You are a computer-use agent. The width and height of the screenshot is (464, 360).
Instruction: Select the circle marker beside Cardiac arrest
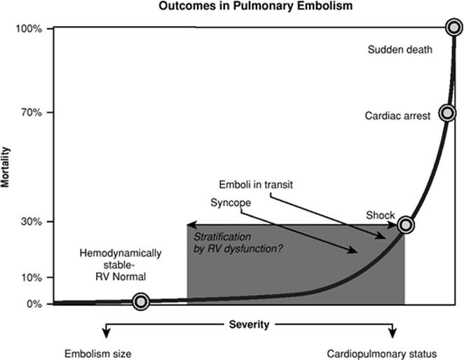446,113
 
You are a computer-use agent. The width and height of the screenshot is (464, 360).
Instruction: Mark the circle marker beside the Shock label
405,225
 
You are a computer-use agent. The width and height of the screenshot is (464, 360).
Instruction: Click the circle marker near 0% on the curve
141,302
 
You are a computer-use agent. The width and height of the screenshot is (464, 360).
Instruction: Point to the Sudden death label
400,50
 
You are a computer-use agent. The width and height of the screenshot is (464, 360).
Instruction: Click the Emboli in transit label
254,185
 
